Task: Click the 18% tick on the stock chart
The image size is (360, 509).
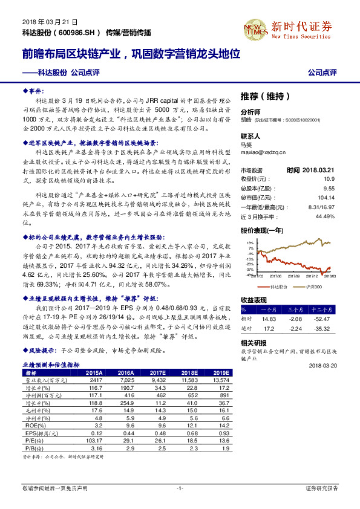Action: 250,241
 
